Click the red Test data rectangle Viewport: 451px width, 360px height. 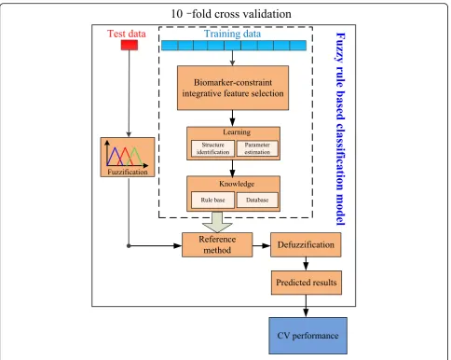coord(130,45)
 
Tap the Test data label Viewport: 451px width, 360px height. coord(127,34)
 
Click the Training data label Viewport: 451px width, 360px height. coord(232,34)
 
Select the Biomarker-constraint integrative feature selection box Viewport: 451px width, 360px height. coord(233,88)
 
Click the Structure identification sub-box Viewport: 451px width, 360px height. coord(212,148)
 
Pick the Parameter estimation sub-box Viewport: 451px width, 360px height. coord(257,148)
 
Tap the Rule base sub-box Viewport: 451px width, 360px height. coord(212,200)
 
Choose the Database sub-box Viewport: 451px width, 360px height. coord(257,200)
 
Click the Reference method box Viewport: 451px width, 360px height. coord(217,244)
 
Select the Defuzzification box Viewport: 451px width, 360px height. coord(306,244)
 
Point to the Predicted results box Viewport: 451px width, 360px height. coord(307,283)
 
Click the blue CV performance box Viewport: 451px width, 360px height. coord(307,336)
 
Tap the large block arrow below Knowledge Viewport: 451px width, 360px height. coord(217,222)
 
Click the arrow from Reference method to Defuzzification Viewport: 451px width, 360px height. coord(262,245)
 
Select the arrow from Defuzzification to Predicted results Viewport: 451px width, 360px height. coord(306,264)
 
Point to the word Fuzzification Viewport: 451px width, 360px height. coord(128,172)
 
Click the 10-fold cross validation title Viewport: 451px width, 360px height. coord(231,14)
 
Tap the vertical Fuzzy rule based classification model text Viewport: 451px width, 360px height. coord(341,129)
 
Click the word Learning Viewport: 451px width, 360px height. coord(237,132)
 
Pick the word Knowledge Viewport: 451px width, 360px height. coord(237,184)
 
